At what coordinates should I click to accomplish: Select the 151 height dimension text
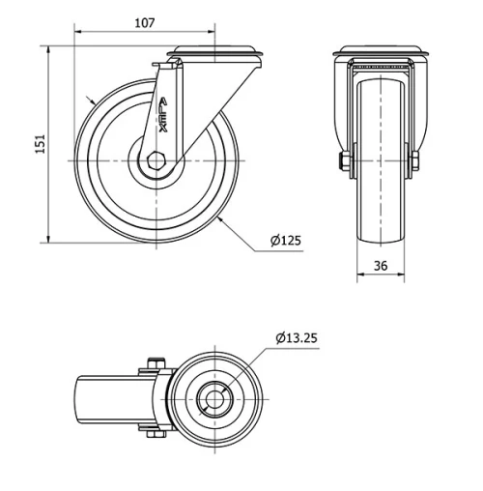pyautogui.click(x=40, y=144)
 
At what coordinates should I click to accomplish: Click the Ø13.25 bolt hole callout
pyautogui.click(x=297, y=337)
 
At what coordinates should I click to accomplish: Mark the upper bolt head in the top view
pyautogui.click(x=151, y=365)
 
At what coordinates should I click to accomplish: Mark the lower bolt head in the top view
pyautogui.click(x=151, y=434)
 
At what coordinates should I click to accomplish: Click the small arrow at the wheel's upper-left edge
pyautogui.click(x=89, y=98)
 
